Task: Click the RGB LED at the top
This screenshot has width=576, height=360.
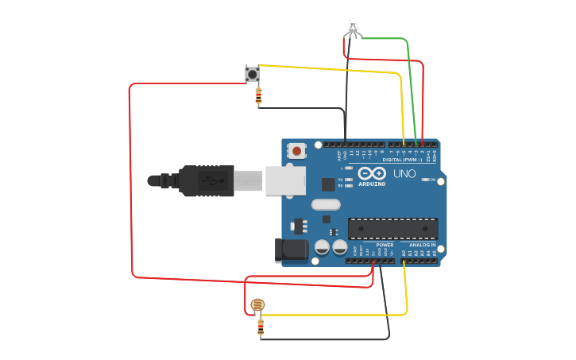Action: coord(354,27)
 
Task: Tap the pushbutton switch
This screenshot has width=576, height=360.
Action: coord(253,74)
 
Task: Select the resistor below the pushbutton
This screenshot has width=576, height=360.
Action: coord(258,97)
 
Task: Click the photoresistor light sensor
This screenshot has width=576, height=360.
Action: coord(257,304)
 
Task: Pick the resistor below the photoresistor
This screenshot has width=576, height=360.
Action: coord(261,327)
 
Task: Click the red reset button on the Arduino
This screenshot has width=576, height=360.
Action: coord(297,149)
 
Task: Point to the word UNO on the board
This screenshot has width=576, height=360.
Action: coord(404,173)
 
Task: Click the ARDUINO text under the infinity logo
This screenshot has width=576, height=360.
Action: coord(371,184)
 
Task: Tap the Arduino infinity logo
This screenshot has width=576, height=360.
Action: coord(371,173)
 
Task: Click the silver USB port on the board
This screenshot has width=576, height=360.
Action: coord(284,180)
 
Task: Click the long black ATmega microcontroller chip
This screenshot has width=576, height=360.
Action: coord(392,229)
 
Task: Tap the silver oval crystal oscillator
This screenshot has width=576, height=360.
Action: coord(326,204)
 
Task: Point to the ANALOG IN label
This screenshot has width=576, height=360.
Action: coord(422,245)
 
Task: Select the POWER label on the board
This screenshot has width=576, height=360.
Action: coord(385,245)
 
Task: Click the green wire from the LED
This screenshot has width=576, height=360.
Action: coord(409,79)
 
